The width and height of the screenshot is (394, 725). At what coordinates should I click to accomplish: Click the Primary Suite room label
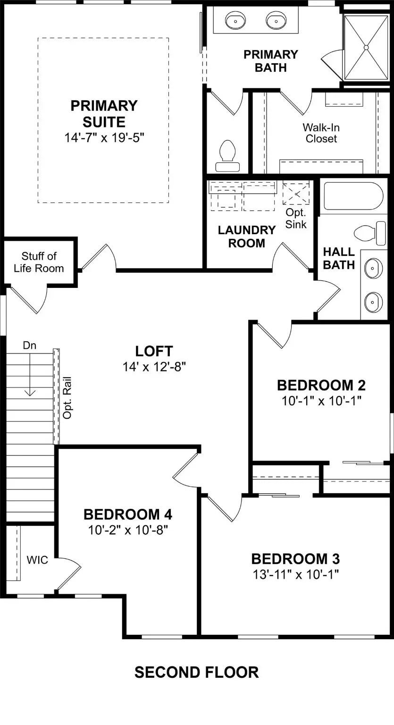104,114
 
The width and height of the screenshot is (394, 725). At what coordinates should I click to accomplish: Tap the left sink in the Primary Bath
235,21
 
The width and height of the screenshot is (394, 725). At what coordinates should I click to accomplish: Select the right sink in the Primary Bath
276,21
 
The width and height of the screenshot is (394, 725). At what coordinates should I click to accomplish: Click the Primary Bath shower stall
366,47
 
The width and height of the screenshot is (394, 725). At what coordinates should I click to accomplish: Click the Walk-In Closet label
321,133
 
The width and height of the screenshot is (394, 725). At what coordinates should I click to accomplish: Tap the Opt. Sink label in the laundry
296,219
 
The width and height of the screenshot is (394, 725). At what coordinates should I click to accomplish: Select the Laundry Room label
246,236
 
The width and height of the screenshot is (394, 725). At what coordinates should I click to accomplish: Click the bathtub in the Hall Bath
353,196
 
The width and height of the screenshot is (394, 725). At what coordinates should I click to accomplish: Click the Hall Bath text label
339,258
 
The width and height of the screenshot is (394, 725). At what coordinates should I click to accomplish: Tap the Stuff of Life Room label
39,262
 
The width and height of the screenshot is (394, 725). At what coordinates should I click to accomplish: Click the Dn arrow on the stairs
30,373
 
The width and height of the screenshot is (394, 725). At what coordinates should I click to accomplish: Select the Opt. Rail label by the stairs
67,397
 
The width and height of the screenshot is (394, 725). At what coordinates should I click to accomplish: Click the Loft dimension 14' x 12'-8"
154,367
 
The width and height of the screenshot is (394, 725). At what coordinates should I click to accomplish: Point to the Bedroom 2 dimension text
321,401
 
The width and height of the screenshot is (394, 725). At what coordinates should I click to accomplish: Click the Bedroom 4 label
127,514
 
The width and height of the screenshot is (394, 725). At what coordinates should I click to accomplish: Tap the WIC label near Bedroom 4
37,560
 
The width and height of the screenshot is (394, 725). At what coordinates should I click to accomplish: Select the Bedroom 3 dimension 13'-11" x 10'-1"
295,574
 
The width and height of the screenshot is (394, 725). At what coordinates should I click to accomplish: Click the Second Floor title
196,672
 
